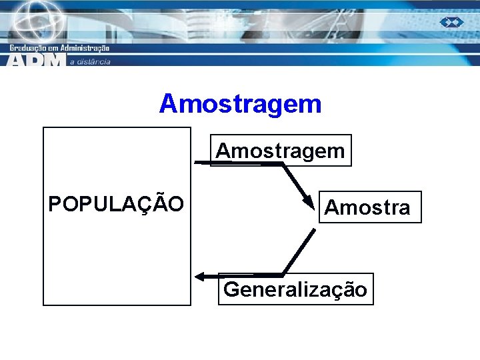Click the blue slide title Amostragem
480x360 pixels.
coord(240,104)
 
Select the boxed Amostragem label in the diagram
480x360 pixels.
coord(280,151)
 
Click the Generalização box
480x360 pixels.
coord(295,289)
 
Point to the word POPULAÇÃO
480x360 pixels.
coord(116,204)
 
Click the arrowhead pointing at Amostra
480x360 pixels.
coord(307,200)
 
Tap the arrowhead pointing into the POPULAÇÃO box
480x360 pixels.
coord(199,276)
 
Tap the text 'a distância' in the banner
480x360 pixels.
coord(90,61)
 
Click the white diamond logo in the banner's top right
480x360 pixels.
coord(451,22)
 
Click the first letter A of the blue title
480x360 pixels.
coord(169,104)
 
